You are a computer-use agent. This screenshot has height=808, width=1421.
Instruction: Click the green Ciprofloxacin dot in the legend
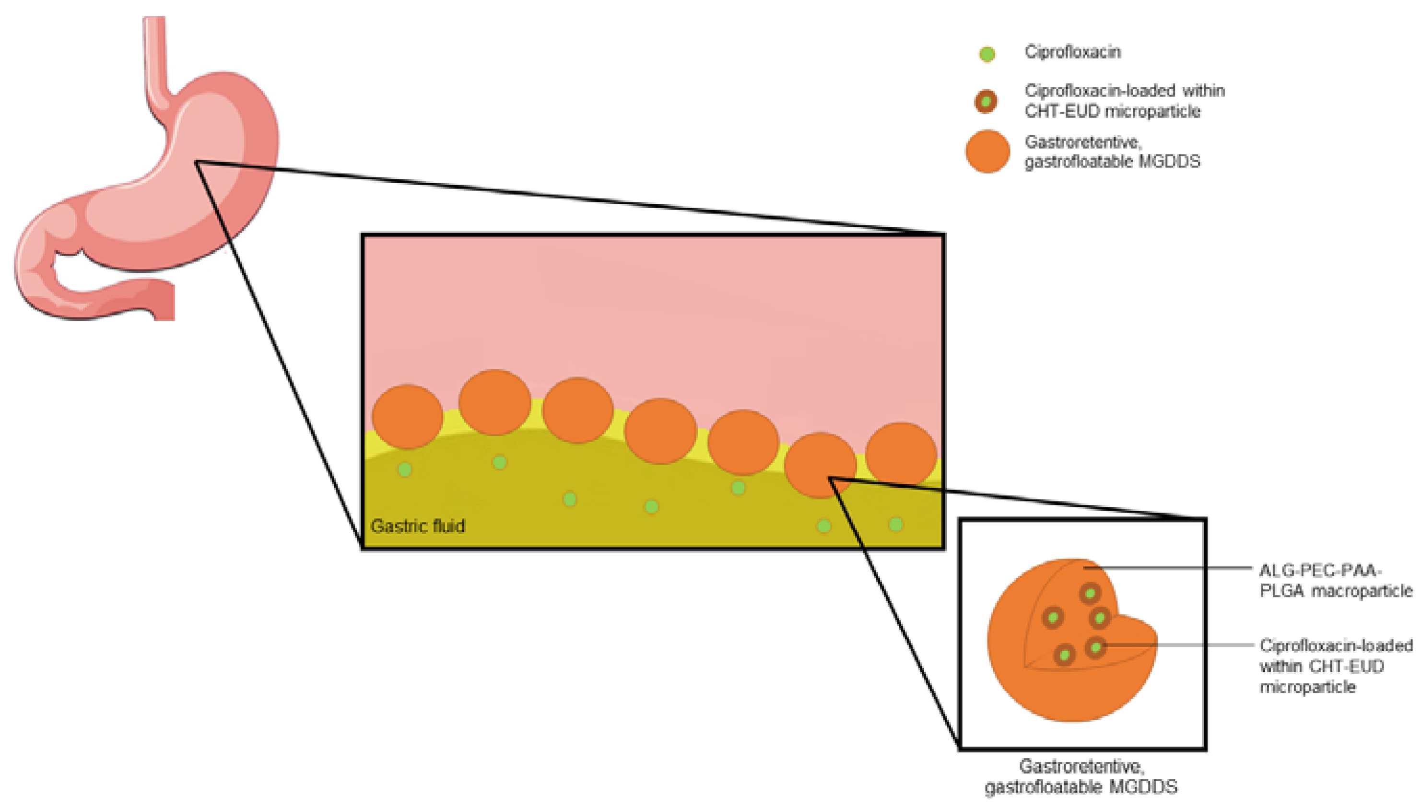point(986,54)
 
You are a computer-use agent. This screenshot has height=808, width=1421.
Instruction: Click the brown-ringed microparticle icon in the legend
point(986,102)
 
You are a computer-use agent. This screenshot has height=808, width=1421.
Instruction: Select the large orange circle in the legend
point(987,151)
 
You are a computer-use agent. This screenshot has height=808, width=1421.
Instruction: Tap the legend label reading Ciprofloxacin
point(1072,52)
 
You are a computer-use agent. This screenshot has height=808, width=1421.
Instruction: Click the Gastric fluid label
point(417,526)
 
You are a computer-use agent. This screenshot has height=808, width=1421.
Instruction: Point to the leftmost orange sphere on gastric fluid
point(407,416)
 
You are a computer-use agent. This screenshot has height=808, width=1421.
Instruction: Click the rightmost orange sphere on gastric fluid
point(901,454)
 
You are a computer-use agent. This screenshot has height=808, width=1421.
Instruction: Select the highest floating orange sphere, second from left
point(494,402)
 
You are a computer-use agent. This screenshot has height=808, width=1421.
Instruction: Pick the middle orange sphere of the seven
point(660,431)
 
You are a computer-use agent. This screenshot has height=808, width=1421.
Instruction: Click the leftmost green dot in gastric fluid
point(404,469)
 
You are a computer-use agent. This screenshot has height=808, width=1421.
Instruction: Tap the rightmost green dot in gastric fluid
point(895,524)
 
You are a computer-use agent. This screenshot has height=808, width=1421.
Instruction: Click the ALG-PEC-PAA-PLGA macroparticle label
point(1335,581)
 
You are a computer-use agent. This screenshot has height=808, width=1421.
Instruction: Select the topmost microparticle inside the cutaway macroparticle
point(1090,594)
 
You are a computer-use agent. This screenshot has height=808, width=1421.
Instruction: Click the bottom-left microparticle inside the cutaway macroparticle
point(1064,656)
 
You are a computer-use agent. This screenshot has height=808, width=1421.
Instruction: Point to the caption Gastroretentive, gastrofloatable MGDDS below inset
point(1080,776)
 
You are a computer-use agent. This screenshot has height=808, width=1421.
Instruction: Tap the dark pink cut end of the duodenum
point(164,300)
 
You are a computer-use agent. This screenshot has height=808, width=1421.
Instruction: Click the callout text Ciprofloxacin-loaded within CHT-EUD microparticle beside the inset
point(1335,666)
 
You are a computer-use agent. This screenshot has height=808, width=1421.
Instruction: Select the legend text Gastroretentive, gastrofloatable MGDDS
point(1111,152)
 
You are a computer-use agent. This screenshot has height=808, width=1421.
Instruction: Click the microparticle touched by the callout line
point(1095,647)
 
